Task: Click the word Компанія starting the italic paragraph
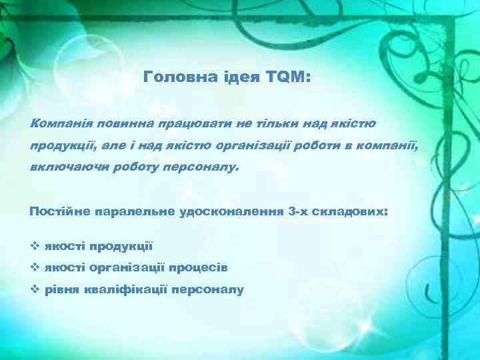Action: [61, 123]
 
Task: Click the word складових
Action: [353, 212]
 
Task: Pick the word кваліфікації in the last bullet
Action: [127, 290]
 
